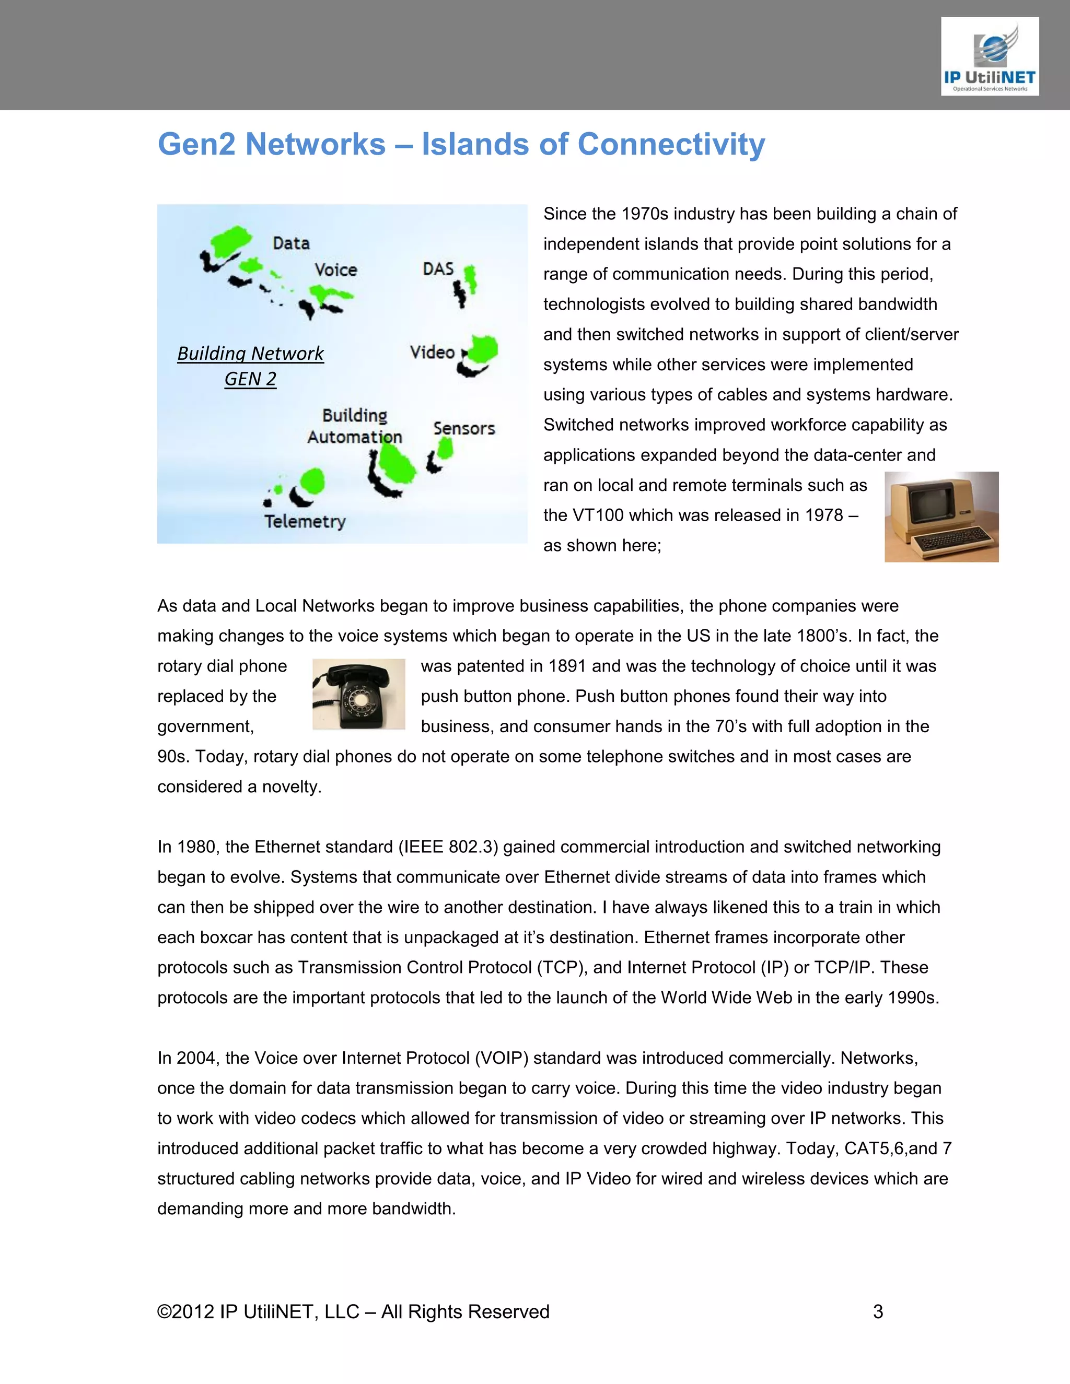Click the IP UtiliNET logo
pyautogui.click(x=990, y=56)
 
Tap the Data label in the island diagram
pyautogui.click(x=291, y=243)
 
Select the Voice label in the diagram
pyautogui.click(x=335, y=270)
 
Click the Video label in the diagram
pyautogui.click(x=432, y=353)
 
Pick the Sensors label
pyautogui.click(x=464, y=428)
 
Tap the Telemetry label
pyautogui.click(x=305, y=522)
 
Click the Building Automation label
pyautogui.click(x=355, y=426)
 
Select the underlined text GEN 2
pyautogui.click(x=250, y=379)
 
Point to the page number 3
pyautogui.click(x=878, y=1312)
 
